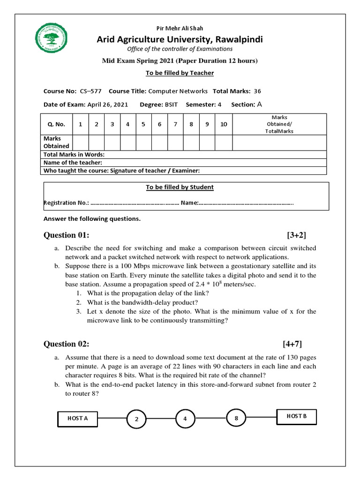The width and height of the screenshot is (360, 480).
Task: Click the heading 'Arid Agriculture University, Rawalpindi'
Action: [180, 39]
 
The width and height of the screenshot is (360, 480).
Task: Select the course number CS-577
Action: [90, 91]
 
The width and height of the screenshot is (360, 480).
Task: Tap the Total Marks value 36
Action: [257, 91]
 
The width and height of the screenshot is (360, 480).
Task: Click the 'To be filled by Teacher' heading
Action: [180, 73]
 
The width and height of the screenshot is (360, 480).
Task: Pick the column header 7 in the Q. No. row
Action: [175, 124]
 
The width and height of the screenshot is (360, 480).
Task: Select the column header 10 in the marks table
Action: [224, 124]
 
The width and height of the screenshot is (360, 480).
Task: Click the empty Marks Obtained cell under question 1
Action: [80, 142]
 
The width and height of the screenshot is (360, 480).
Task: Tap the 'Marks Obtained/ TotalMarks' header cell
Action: [279, 124]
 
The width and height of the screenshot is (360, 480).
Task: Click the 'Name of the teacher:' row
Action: [73, 163]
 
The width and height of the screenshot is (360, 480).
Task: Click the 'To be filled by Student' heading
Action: [180, 187]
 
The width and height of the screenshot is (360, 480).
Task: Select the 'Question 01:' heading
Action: [66, 235]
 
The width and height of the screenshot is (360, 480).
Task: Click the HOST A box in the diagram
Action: [78, 419]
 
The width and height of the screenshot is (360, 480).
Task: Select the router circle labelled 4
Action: [186, 419]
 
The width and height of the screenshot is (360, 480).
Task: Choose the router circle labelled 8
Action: [237, 418]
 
